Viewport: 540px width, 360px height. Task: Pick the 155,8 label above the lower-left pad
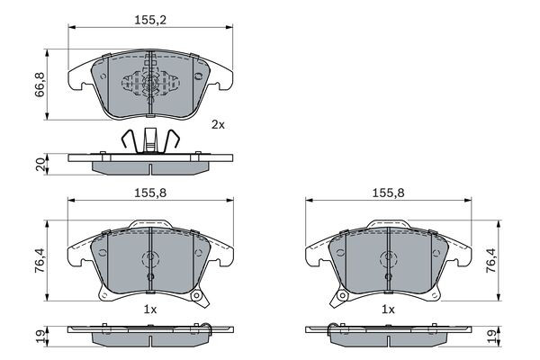click(150, 192)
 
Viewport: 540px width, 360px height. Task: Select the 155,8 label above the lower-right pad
click(388, 192)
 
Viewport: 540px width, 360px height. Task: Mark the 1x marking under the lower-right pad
click(388, 309)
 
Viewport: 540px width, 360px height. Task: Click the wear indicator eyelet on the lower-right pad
click(341, 296)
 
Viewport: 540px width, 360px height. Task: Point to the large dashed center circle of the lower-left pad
click(150, 262)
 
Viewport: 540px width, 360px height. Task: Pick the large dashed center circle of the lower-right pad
click(388, 262)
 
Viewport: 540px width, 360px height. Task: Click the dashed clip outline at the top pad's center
click(150, 82)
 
